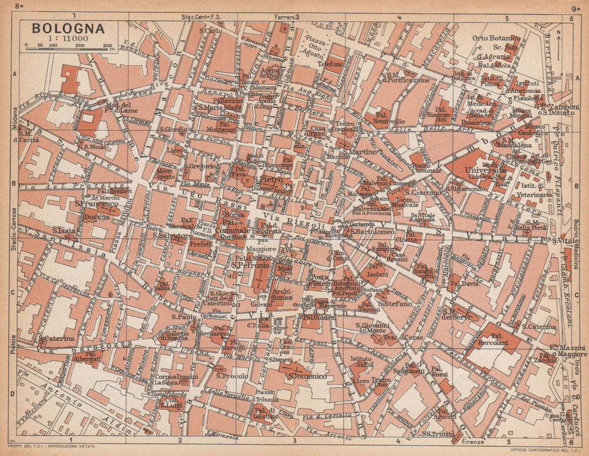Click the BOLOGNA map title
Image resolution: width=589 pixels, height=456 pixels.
[x=68, y=28]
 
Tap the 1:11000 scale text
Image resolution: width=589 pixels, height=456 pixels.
[x=67, y=39]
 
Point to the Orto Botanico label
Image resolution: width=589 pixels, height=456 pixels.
[x=496, y=38]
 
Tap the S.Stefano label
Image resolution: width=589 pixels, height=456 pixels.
[x=394, y=304]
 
